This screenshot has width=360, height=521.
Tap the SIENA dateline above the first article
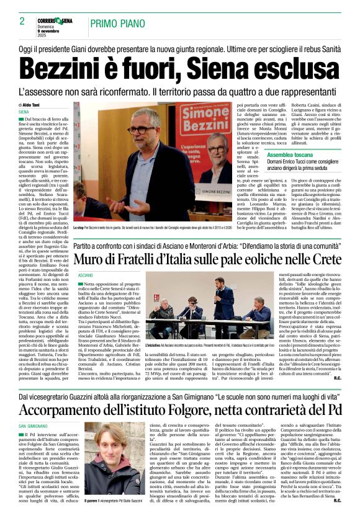pos(24,112)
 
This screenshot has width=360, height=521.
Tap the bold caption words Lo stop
pos(79,228)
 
